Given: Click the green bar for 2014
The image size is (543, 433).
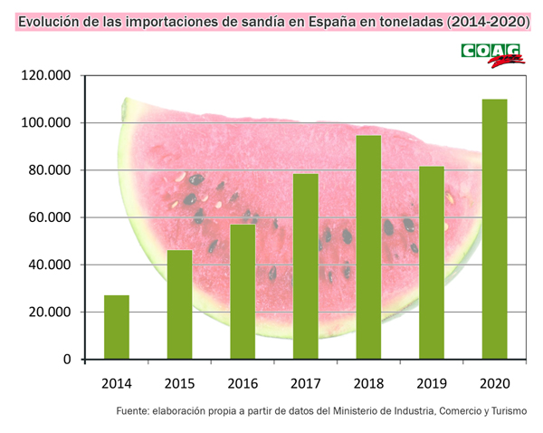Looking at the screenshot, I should [x=117, y=327].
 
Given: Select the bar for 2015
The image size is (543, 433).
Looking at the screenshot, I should [x=179, y=304].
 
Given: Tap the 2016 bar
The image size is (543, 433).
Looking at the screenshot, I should [x=243, y=292].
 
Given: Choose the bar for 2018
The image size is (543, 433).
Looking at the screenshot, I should [x=368, y=247].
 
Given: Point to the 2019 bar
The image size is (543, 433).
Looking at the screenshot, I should [x=431, y=263].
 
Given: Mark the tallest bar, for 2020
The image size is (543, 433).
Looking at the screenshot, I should [x=494, y=229].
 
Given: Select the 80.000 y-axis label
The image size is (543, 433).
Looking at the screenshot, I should [x=48, y=170].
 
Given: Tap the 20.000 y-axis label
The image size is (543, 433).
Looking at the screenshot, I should [x=48, y=313].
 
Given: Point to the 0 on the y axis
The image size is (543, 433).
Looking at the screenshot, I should [x=67, y=360].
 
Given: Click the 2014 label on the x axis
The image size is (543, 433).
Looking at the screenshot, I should [x=117, y=383].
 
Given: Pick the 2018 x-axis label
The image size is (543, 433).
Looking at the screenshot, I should [x=368, y=383].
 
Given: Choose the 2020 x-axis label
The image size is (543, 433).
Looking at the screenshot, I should [x=494, y=383].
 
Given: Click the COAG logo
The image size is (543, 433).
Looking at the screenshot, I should [x=492, y=54].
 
